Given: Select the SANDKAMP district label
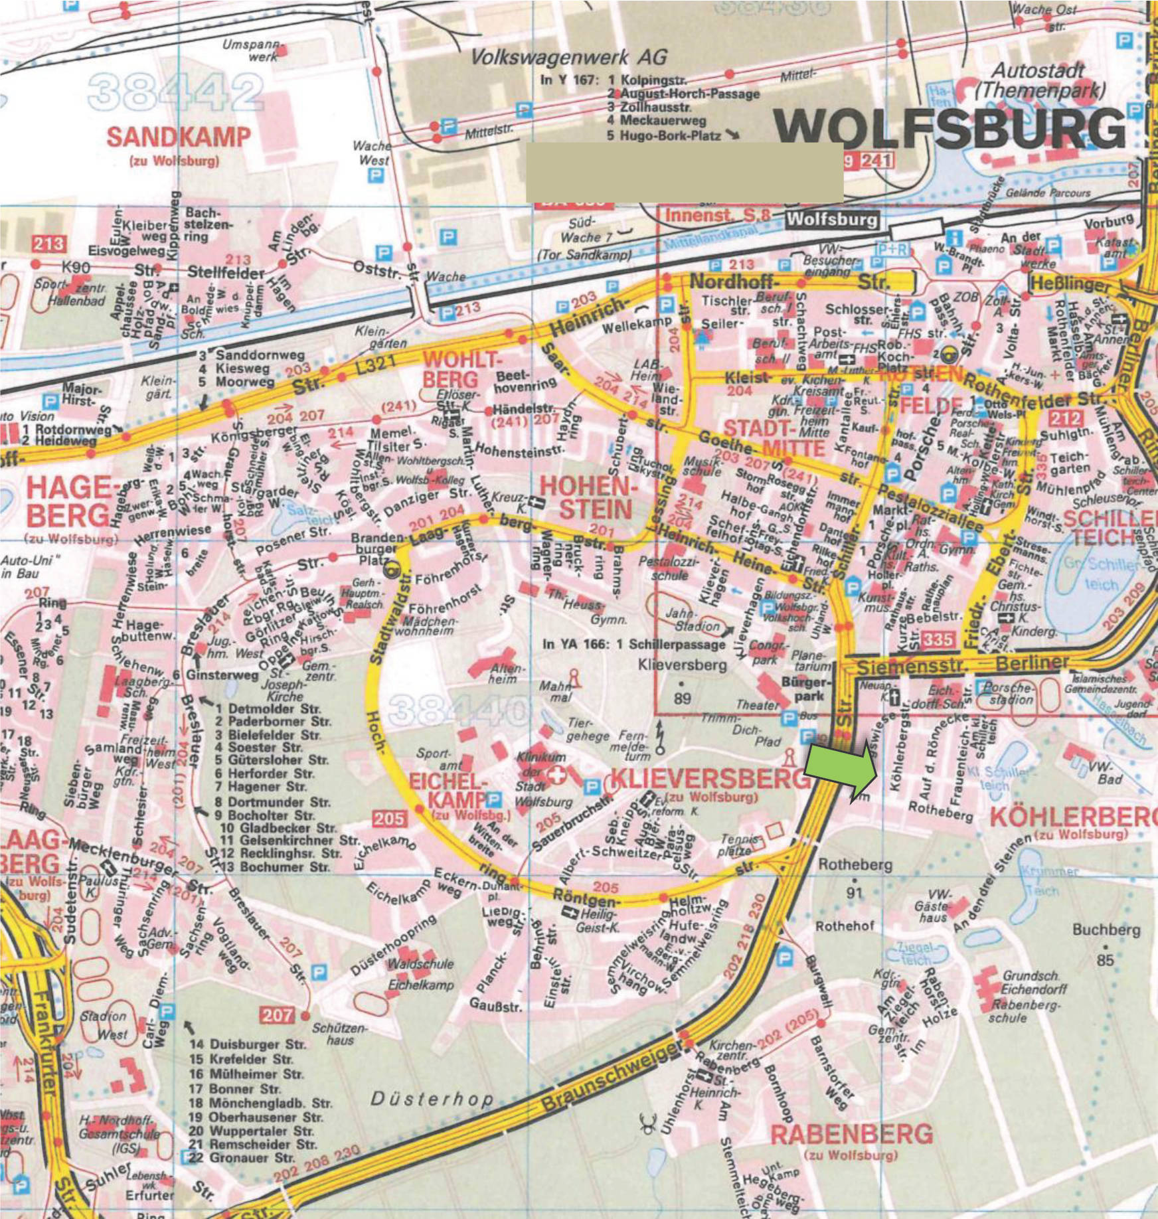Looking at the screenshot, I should pyautogui.click(x=179, y=138).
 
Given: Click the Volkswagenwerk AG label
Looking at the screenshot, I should pyautogui.click(x=569, y=58).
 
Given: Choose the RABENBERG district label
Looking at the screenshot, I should pyautogui.click(x=851, y=1134).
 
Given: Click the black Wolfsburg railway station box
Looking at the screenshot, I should pyautogui.click(x=832, y=219).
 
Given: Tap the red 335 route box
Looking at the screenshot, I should pyautogui.click(x=938, y=639).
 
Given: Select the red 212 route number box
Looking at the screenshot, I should pyautogui.click(x=1066, y=418).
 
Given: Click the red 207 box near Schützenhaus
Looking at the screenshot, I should pyautogui.click(x=277, y=1015).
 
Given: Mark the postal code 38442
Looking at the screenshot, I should pyautogui.click(x=175, y=92).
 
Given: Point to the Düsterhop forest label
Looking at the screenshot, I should pyautogui.click(x=432, y=1099).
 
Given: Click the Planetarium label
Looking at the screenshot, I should pyautogui.click(x=811, y=661).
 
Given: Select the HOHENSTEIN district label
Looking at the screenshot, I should pyautogui.click(x=595, y=497).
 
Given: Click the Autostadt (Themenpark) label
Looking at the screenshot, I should pyautogui.click(x=1039, y=80).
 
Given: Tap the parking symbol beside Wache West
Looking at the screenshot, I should pyautogui.click(x=376, y=176).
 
